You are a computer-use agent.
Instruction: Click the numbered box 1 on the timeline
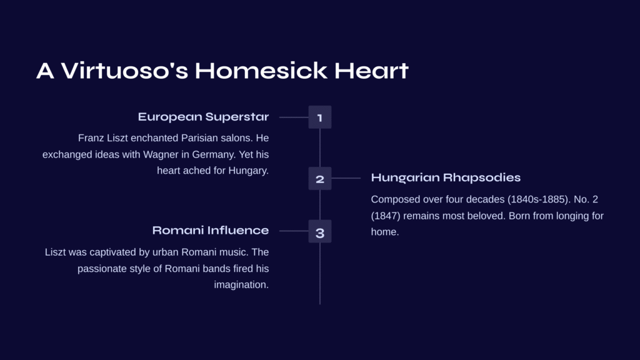pyautogui.click(x=320, y=117)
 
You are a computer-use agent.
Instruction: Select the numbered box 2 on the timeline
pyautogui.click(x=320, y=178)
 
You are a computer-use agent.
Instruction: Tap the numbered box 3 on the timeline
pyautogui.click(x=320, y=231)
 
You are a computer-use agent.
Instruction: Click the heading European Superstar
pyautogui.click(x=203, y=117)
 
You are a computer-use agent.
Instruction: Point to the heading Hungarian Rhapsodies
pyautogui.click(x=446, y=178)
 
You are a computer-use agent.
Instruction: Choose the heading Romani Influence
pyautogui.click(x=211, y=231)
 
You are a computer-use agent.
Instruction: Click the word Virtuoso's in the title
pyautogui.click(x=124, y=70)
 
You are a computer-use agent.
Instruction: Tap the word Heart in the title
pyautogui.click(x=371, y=70)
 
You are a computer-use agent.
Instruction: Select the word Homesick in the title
pyautogui.click(x=261, y=70)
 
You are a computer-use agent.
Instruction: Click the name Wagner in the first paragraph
pyautogui.click(x=161, y=155)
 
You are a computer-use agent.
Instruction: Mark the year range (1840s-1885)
pyautogui.click(x=539, y=199)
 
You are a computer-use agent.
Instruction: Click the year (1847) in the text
pyautogui.click(x=386, y=216)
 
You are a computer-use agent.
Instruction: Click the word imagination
pyautogui.click(x=241, y=285)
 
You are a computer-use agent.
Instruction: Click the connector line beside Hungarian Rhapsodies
pyautogui.click(x=346, y=178)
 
